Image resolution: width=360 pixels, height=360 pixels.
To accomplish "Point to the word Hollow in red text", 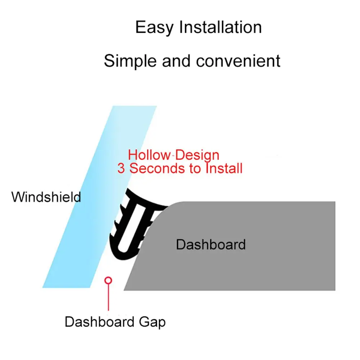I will [x=149, y=155].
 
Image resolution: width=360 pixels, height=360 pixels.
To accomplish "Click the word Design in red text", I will [x=198, y=155].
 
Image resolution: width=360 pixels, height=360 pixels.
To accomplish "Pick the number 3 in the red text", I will [x=121, y=168].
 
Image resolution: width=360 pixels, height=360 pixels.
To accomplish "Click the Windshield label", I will [x=46, y=197].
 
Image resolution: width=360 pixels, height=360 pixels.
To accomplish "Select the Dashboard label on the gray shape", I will [x=211, y=245].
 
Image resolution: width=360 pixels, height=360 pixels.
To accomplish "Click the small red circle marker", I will [x=108, y=280].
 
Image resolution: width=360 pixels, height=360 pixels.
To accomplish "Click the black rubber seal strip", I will [x=124, y=248].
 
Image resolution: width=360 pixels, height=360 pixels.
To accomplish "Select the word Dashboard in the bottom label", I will [x=99, y=321].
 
